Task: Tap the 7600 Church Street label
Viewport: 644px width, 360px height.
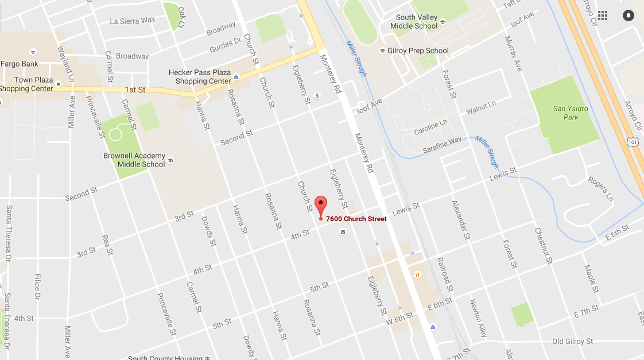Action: click(356, 219)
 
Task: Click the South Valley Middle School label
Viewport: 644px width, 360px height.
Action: click(413, 22)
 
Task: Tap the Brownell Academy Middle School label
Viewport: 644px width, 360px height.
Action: click(134, 160)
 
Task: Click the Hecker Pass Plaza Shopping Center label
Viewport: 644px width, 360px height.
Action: click(199, 77)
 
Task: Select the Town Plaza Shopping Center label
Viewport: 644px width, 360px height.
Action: click(26, 84)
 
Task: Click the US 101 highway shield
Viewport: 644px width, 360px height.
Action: click(632, 141)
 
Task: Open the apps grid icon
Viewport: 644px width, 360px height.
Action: click(602, 16)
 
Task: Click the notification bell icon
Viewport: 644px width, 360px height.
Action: click(628, 16)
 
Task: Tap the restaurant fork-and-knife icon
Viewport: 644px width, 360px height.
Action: click(417, 274)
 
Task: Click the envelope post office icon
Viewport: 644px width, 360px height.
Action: click(343, 232)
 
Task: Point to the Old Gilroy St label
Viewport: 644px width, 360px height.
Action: click(572, 342)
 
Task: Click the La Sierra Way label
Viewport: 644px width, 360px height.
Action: click(132, 21)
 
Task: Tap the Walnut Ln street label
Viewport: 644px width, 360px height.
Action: click(480, 107)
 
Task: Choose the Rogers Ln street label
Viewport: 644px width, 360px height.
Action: click(600, 189)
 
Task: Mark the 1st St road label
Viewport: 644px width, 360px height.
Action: click(135, 90)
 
